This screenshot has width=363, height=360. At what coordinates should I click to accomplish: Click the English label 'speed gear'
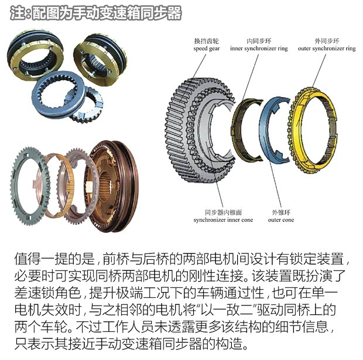(207, 49)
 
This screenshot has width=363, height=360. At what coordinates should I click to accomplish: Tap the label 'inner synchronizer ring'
(259, 49)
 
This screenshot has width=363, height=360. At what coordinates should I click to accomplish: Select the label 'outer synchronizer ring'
(327, 49)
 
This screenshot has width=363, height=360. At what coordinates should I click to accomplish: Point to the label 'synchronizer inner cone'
(223, 220)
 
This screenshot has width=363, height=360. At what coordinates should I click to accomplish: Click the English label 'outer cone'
(281, 220)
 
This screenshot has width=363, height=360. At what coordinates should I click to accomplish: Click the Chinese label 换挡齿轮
(207, 41)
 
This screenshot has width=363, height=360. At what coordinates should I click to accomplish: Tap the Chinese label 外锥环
(281, 212)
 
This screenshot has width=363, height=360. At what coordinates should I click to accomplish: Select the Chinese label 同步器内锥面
(223, 212)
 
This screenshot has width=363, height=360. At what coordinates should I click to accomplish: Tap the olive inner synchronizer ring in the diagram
(235, 129)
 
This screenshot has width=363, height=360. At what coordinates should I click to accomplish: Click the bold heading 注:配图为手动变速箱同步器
(95, 13)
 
